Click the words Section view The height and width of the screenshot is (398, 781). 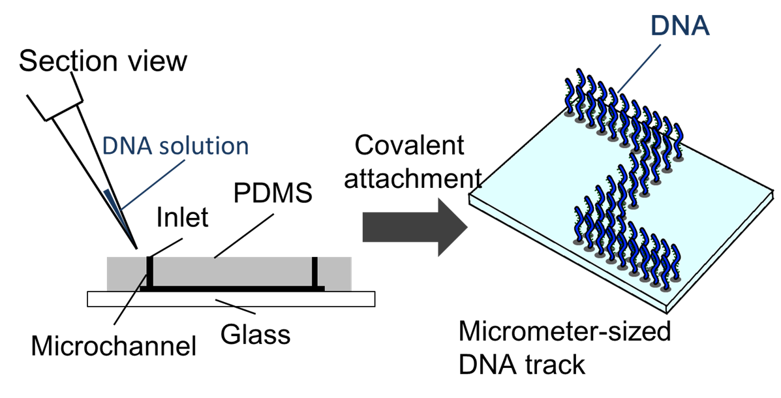pyautogui.click(x=103, y=61)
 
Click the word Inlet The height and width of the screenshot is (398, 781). pyautogui.click(x=182, y=217)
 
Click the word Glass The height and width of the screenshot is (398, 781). pyautogui.click(x=254, y=335)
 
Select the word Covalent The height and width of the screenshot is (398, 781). pyautogui.click(x=410, y=145)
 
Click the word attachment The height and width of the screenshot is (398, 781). pyautogui.click(x=412, y=177)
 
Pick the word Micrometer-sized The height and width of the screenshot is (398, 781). pyautogui.click(x=565, y=332)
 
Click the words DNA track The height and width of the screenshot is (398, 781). pyautogui.click(x=522, y=365)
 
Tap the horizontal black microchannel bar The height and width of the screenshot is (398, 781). pyautogui.click(x=232, y=288)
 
